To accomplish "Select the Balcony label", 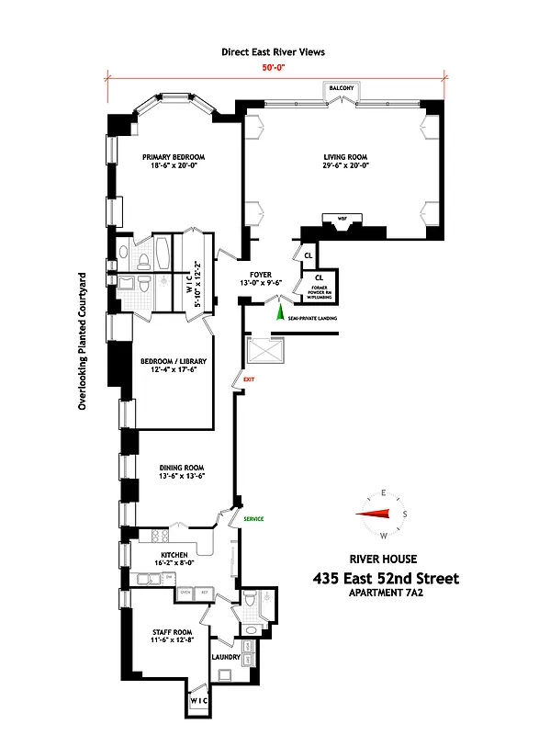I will coord(343,88).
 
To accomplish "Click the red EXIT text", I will coord(249,377).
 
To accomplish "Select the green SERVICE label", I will coord(253,519).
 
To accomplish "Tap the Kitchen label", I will coord(174,555).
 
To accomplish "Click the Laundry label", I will coord(226,657).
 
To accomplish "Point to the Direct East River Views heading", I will coord(274,52).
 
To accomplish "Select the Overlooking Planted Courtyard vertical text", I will coord(82,340).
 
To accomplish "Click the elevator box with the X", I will coord(263,352).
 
